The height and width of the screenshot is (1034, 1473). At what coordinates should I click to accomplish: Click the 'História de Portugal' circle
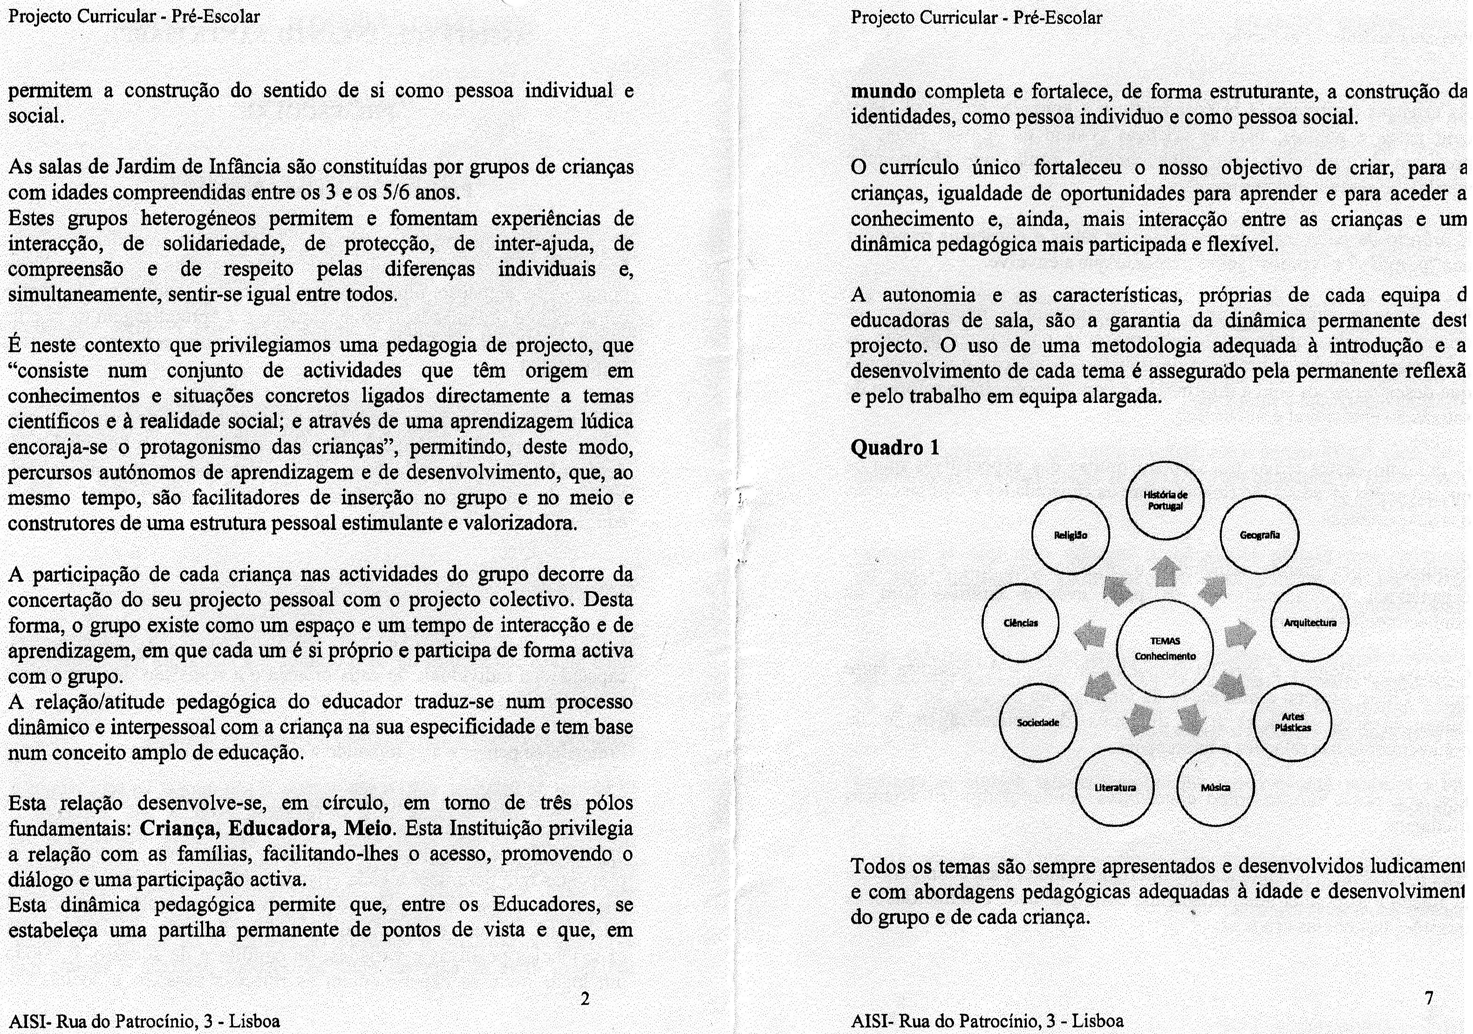coord(1165,500)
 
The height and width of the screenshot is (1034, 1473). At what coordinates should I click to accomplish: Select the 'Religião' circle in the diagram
coord(1071,535)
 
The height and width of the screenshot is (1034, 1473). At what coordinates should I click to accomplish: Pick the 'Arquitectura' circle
coord(1310,622)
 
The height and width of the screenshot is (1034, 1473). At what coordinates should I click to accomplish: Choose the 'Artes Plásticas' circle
coord(1292,723)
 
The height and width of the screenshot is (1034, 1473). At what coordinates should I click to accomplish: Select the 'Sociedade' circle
coord(1038,722)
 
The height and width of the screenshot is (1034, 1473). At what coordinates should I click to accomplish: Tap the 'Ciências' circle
coord(1021,623)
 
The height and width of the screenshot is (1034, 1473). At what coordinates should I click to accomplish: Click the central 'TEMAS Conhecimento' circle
coord(1165,648)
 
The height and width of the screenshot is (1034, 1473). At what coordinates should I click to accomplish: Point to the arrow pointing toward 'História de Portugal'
coord(1165,571)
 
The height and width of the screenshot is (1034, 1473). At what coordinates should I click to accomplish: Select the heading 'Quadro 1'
coord(894,447)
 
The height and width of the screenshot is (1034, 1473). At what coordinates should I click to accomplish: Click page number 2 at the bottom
coord(585,998)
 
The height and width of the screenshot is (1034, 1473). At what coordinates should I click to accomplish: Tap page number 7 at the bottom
coord(1429,998)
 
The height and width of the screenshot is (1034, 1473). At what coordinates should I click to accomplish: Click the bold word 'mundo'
coord(883,92)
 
